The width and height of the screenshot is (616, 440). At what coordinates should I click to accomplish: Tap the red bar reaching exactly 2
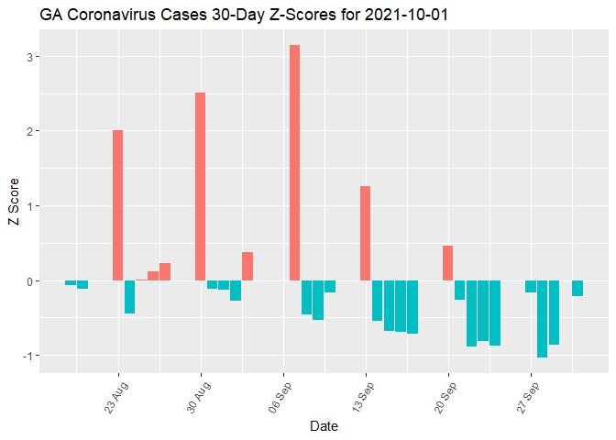click(x=117, y=205)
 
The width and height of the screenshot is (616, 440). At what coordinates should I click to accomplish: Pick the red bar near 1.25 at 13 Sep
click(x=365, y=233)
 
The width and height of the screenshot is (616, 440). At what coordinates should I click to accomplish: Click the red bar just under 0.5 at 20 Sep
click(x=447, y=263)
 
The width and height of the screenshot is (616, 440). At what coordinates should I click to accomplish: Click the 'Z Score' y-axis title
click(x=13, y=204)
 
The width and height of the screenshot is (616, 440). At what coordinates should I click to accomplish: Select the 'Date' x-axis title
click(x=324, y=426)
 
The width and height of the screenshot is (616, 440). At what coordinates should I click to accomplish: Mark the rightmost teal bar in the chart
click(x=577, y=288)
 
